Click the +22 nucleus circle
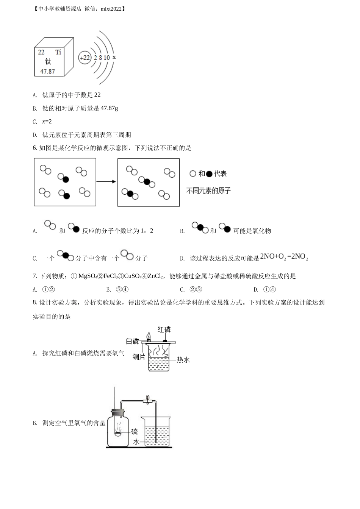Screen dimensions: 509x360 coord(85,58)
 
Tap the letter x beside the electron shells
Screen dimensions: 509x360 coord(114,57)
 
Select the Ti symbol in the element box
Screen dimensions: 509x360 coord(58,52)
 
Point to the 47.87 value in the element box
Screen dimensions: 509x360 coord(48,71)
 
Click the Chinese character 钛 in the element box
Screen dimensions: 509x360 coord(48,61)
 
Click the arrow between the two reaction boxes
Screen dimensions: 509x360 coord(106,182)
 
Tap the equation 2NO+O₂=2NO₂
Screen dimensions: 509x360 coord(284,257)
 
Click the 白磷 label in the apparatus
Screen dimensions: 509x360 coord(132,341)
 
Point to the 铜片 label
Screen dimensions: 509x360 coord(139,356)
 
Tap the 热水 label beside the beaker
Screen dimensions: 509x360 coord(183,360)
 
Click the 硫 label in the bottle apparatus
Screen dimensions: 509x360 coord(134,431)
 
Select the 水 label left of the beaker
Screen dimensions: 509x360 coord(136,442)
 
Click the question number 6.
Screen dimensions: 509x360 coord(35,148)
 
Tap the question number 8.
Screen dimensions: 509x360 coord(35,303)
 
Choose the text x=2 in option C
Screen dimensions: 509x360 coord(47,122)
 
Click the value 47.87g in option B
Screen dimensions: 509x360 coord(109,108)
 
